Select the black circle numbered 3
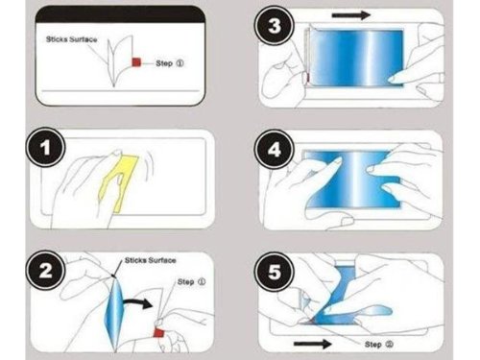click(x=278, y=27)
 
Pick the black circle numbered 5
click(x=278, y=272)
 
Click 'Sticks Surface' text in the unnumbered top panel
click(x=71, y=42)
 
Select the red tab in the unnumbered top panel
click(x=137, y=64)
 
